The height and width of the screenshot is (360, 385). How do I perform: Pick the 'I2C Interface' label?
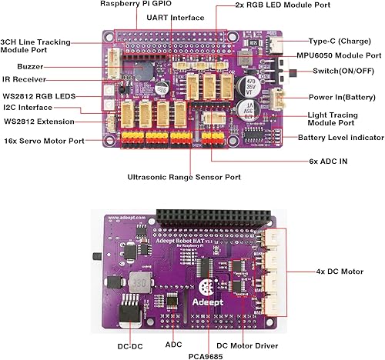(29, 108)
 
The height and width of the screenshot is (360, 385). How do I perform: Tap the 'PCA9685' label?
(209, 355)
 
